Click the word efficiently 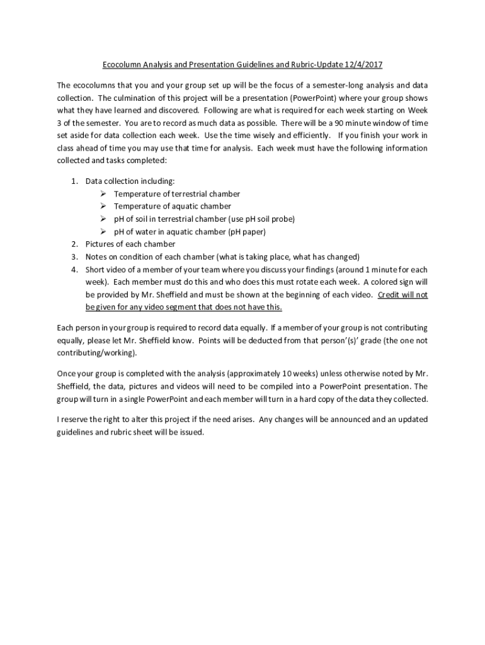coord(309,135)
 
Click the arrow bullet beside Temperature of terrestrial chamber coord(103,193)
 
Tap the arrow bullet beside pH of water coord(103,231)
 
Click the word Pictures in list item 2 coord(101,244)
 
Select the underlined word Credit coord(389,294)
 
